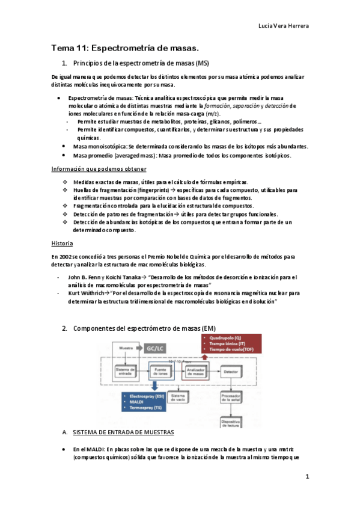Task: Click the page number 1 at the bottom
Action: (x=307, y=477)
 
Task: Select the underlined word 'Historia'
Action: (x=63, y=244)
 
